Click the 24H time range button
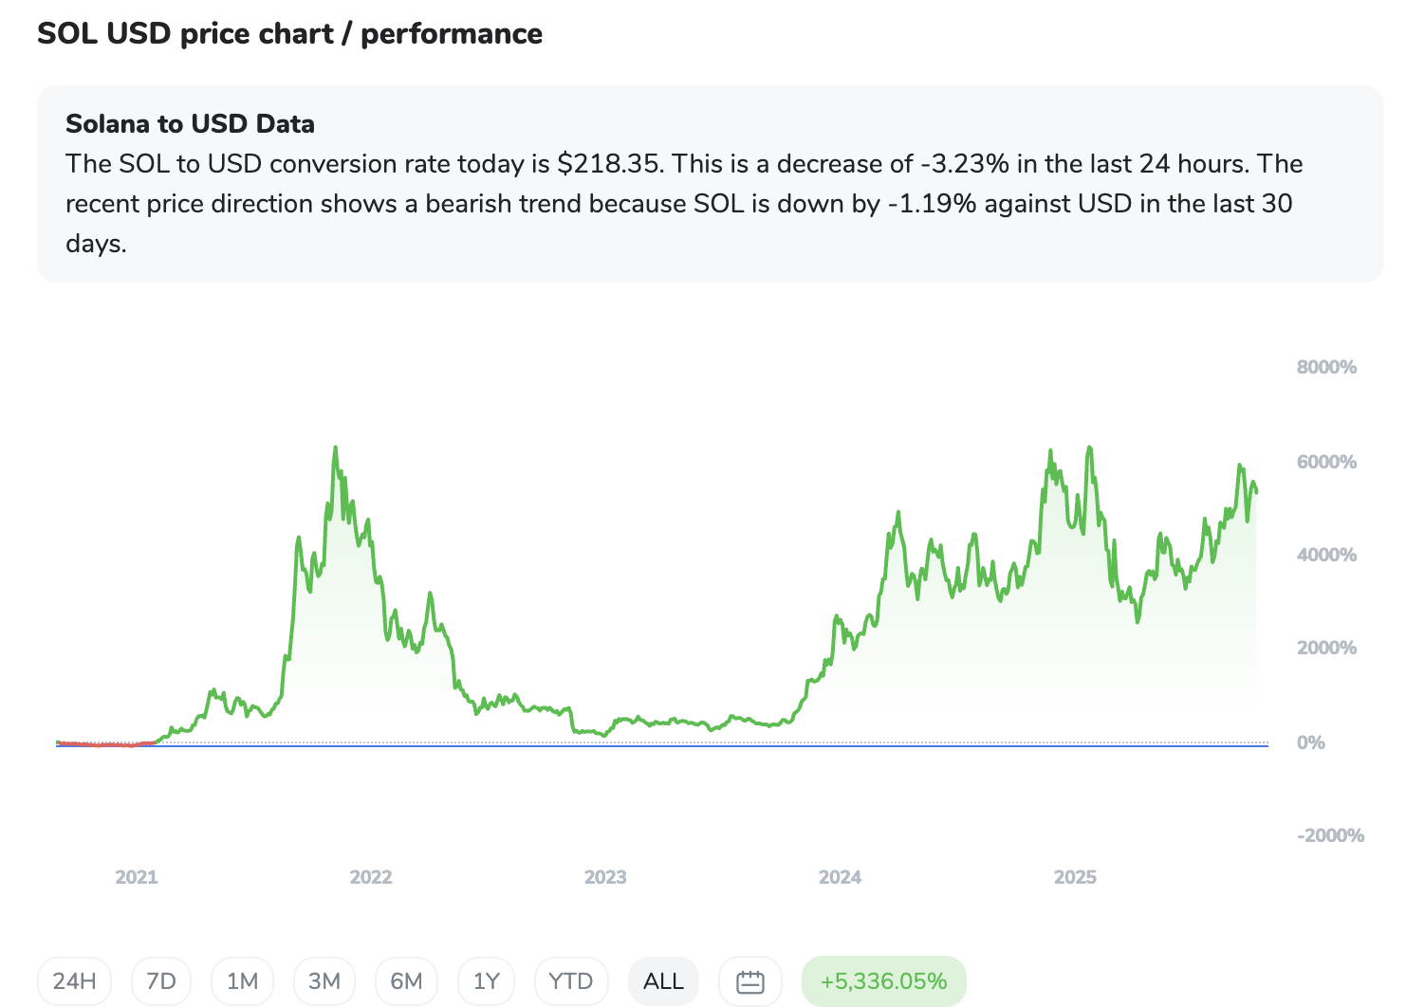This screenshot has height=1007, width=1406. pos(74,981)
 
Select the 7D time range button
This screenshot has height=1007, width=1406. pos(161,981)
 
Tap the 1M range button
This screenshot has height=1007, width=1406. pos(242,981)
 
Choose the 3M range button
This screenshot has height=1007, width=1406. pos(324,981)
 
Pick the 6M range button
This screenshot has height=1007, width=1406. pos(406,981)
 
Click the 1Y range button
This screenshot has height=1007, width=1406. pos(486,981)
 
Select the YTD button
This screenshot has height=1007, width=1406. pos(570,981)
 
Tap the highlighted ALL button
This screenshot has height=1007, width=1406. pos(663,981)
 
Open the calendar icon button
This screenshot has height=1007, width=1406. pos(749,981)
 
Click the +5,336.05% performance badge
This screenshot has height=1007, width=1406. pos(883,981)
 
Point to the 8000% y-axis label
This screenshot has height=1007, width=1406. pos(1326,368)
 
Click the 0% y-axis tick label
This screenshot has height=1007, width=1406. pos(1310,742)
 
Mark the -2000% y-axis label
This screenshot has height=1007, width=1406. pos(1330,835)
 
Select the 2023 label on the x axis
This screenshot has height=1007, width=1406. pos(605,877)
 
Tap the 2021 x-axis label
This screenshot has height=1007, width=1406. pos(137,877)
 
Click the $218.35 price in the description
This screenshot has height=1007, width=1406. pos(608,164)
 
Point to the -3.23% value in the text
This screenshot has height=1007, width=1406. pos(964,164)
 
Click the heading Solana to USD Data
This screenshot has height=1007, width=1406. pos(190,124)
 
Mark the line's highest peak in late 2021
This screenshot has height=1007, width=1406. pos(335,448)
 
